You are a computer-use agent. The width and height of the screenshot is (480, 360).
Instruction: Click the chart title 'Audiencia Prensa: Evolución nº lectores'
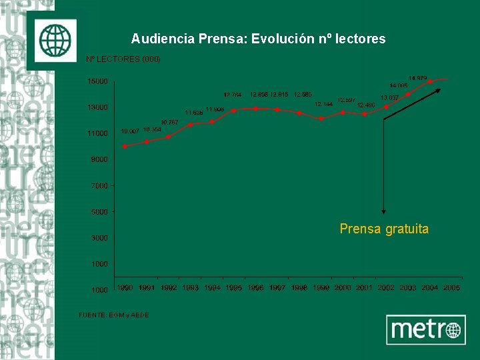click(258, 39)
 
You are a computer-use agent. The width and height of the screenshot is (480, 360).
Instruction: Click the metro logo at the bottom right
click(426, 329)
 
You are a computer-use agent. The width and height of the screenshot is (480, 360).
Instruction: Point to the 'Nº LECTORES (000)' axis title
click(123, 59)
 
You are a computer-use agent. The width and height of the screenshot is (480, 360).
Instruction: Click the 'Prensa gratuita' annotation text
click(384, 229)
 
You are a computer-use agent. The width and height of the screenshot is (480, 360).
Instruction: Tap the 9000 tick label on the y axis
click(99, 160)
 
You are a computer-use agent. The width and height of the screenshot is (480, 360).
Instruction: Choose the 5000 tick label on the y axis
click(99, 212)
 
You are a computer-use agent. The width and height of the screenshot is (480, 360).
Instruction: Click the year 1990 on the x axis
click(125, 287)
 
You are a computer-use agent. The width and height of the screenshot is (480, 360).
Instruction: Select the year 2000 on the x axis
click(343, 287)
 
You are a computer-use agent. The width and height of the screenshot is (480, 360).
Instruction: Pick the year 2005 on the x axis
click(451, 287)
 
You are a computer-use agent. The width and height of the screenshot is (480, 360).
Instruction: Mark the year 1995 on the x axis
click(233, 287)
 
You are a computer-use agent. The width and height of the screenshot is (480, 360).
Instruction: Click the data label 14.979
click(418, 78)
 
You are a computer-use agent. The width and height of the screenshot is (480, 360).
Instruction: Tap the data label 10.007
click(129, 131)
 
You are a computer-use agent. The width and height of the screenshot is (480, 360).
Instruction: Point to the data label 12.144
click(323, 104)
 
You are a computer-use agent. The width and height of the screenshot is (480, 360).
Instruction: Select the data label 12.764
click(232, 95)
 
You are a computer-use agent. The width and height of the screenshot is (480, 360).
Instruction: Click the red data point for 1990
click(125, 146)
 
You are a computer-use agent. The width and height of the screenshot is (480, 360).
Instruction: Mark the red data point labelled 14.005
click(408, 94)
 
